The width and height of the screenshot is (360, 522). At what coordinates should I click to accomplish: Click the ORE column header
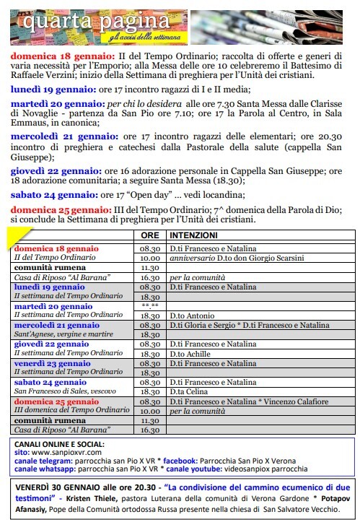pyautogui.click(x=149, y=235)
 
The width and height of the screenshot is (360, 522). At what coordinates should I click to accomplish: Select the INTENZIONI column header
pyautogui.click(x=193, y=235)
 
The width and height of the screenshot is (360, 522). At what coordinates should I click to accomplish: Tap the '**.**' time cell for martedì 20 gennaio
pyautogui.click(x=149, y=307)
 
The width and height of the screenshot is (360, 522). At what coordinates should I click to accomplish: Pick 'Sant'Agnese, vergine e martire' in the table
pyautogui.click(x=63, y=335)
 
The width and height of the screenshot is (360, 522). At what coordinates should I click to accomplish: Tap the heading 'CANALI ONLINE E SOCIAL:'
pyautogui.click(x=59, y=443)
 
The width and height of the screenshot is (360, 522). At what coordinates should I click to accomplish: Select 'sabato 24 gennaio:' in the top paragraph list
pyautogui.click(x=46, y=194)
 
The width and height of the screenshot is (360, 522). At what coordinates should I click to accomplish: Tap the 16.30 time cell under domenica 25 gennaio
pyautogui.click(x=149, y=430)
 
